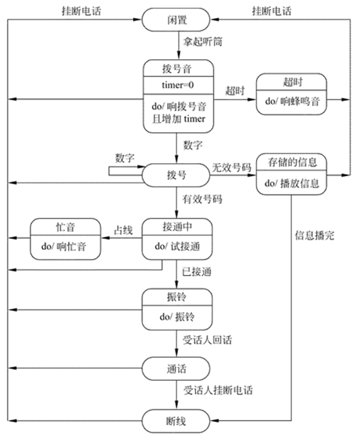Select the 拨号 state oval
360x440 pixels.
175,174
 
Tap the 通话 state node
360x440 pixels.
175,367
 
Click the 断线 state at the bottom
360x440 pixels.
175,421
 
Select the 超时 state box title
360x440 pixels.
292,84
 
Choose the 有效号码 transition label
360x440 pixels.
203,200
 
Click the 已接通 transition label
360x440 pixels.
197,273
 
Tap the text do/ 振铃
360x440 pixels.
175,317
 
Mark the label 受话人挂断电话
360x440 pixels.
218,391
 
